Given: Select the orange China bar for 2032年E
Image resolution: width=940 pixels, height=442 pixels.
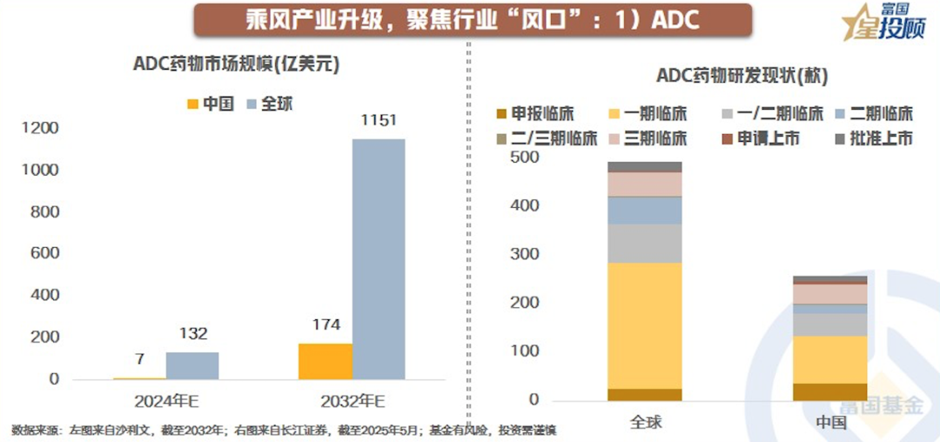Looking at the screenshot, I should click(325, 361).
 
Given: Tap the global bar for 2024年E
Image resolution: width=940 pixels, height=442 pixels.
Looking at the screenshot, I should click(192, 365).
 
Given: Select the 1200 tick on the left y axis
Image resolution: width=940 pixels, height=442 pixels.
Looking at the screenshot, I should click(40, 129).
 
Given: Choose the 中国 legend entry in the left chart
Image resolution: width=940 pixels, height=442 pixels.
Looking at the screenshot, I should click(211, 104).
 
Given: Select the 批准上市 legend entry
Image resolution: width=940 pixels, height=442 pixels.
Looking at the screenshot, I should click(874, 138).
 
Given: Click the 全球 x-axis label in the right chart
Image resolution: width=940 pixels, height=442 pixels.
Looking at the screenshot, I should click(646, 422).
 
